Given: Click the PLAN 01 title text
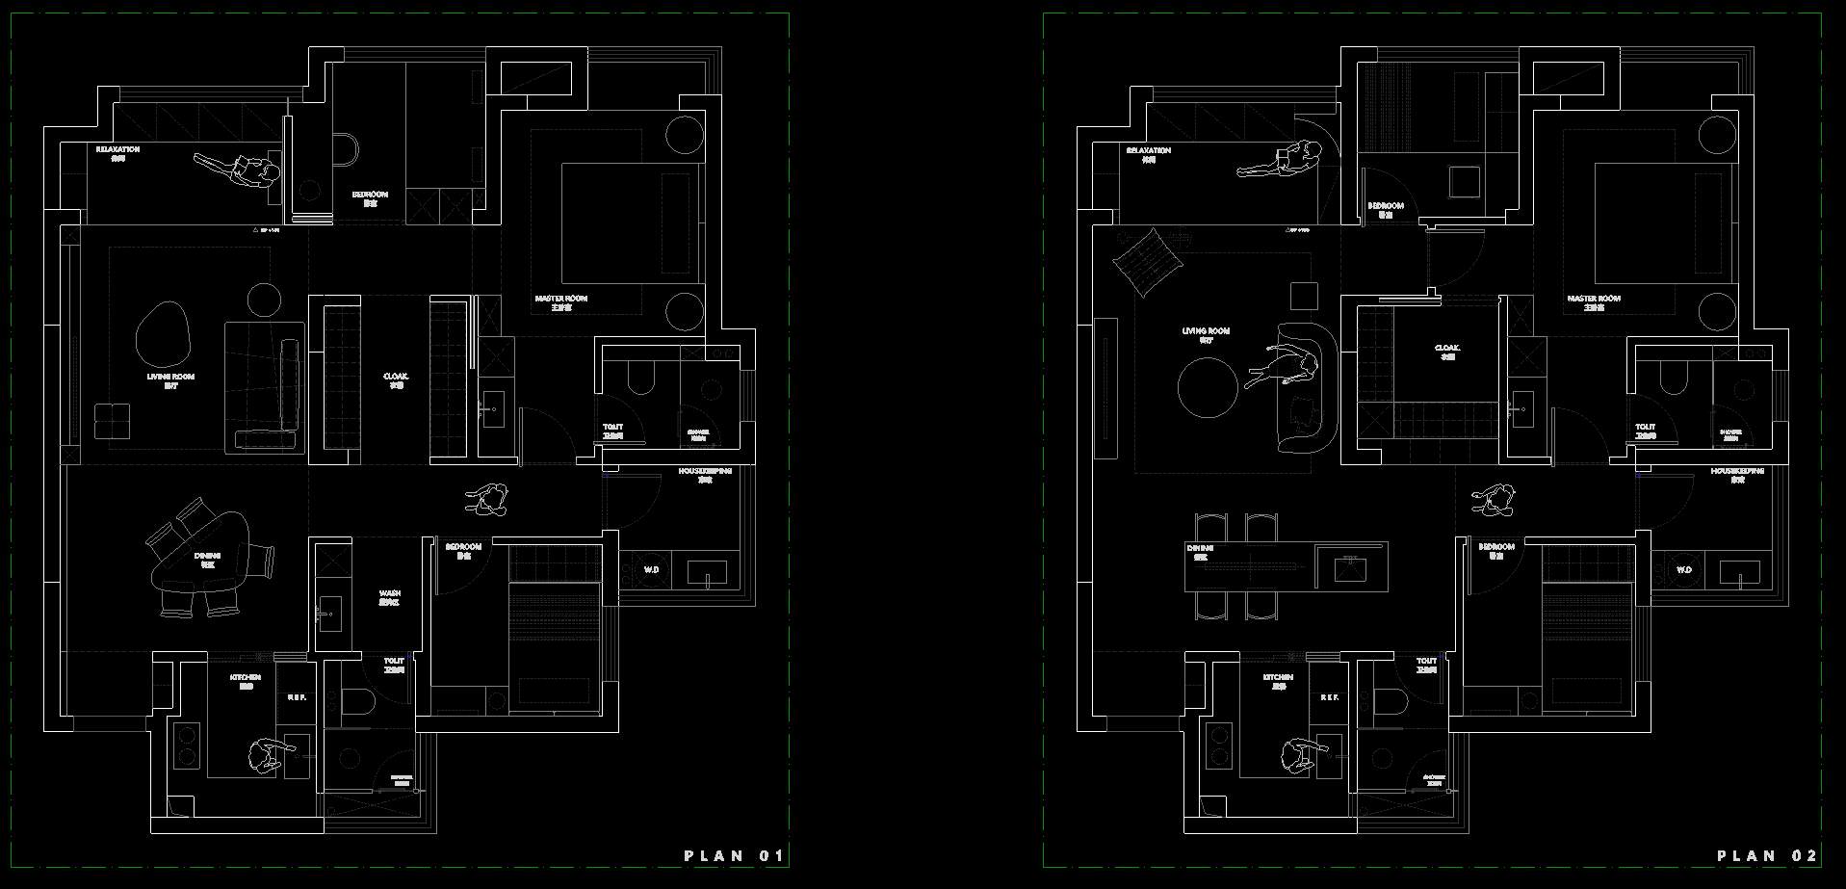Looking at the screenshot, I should point(734,855).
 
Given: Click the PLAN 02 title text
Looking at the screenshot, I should point(1767,855).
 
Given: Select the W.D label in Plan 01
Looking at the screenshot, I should point(652,570).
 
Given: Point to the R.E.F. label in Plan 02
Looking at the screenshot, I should point(1330,696).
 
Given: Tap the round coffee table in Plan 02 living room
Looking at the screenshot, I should point(1208,387).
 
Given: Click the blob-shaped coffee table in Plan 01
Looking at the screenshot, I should point(166,330).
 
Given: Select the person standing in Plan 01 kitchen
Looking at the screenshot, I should point(265,755).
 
